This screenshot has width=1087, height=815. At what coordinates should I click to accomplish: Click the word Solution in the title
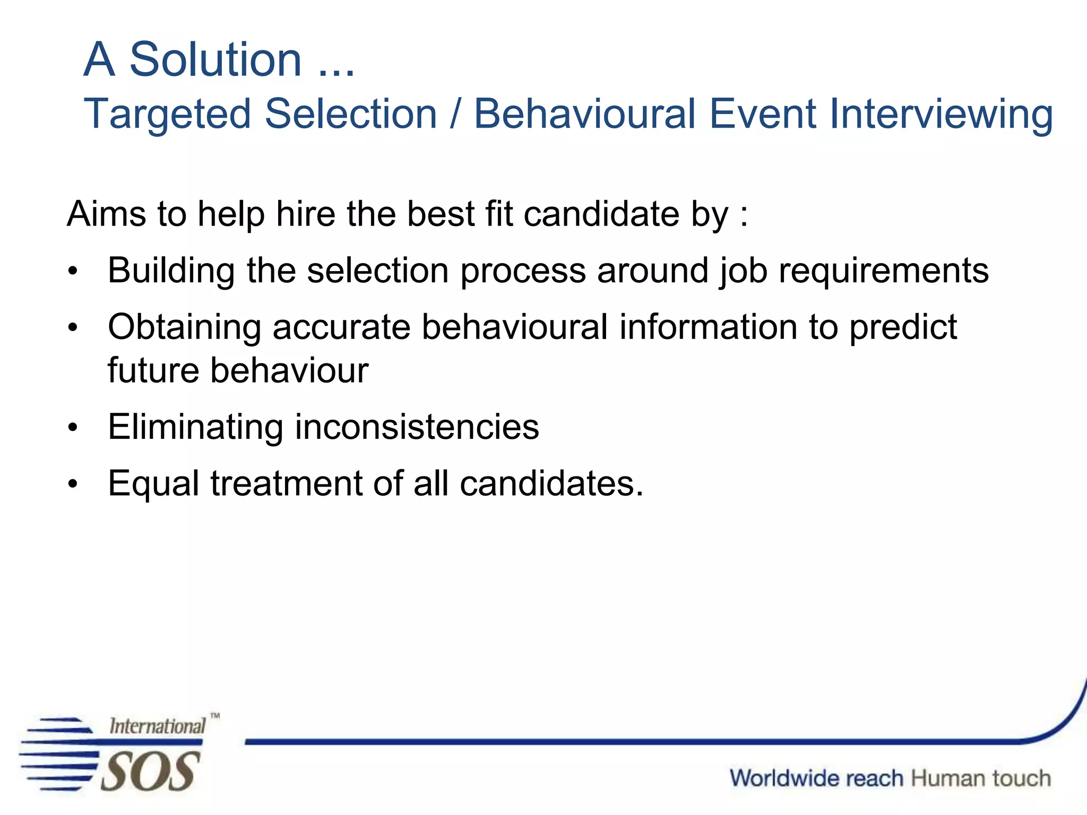(215, 59)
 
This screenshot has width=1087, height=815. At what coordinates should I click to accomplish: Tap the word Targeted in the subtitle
(167, 114)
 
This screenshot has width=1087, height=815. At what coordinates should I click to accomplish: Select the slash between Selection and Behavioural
(455, 114)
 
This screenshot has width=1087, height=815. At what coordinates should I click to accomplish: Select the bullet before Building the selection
(73, 272)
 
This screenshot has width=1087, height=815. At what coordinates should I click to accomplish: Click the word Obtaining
(184, 327)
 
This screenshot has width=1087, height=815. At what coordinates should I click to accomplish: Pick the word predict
(903, 327)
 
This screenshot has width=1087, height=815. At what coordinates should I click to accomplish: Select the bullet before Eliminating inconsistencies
(73, 427)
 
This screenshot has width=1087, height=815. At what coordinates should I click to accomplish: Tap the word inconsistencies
(417, 427)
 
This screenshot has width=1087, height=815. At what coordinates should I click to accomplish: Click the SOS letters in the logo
(150, 771)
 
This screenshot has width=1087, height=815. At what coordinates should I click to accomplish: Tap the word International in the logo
(157, 726)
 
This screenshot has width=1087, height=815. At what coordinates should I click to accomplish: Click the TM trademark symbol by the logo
(215, 716)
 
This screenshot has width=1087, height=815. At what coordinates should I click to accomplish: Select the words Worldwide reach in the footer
(816, 778)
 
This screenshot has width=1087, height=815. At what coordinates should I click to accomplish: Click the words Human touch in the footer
(981, 778)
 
